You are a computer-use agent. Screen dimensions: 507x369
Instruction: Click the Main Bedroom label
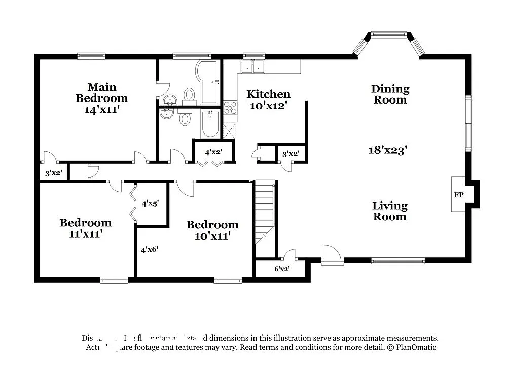click(101, 92)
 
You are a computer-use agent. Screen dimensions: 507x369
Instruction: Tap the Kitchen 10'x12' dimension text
click(268, 106)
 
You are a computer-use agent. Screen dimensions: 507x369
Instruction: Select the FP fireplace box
click(458, 194)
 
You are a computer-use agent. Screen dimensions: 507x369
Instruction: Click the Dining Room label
click(390, 94)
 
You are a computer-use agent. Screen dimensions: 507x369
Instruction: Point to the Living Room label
click(389, 211)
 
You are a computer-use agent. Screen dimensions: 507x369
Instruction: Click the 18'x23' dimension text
click(388, 150)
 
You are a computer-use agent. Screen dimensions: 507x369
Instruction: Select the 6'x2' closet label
click(282, 269)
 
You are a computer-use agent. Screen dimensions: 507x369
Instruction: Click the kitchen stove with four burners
click(230, 107)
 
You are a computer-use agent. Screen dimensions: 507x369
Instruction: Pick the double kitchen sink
click(253, 66)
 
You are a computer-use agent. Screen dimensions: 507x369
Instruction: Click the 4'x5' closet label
click(151, 203)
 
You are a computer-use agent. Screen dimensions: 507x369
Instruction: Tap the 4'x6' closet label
click(150, 249)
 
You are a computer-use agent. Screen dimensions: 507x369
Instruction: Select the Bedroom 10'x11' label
click(212, 230)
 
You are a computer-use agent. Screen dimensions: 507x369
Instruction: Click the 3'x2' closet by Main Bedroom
click(53, 173)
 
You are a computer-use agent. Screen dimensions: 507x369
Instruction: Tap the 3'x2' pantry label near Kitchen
click(291, 154)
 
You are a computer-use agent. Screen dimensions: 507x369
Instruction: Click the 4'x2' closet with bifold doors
click(213, 152)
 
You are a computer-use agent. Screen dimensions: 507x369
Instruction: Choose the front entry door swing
click(332, 254)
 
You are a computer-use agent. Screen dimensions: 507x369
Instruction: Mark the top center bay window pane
click(389, 34)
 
